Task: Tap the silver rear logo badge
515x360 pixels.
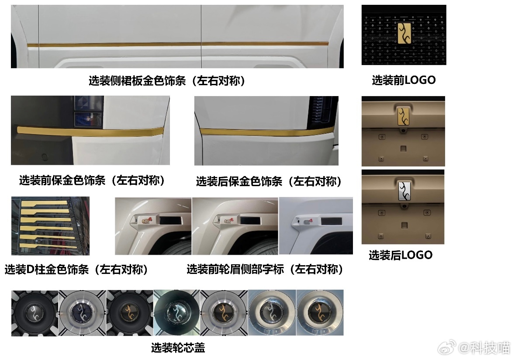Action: (404, 191)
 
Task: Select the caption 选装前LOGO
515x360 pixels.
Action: (404, 80)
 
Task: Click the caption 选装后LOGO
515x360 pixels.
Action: (401, 255)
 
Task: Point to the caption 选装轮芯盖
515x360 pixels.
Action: (178, 347)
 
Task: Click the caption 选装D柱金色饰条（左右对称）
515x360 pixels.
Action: (76, 269)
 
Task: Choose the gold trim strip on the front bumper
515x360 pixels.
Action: (90, 131)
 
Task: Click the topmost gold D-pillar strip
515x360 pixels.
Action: (46, 203)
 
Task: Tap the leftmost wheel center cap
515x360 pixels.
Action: (34, 313)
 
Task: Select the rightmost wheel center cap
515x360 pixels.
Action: (320, 312)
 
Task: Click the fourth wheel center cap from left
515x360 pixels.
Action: (177, 313)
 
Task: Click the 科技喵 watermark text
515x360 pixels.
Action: (489, 348)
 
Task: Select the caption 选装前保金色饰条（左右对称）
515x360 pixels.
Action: (92, 180)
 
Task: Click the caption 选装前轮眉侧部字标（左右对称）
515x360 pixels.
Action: (265, 269)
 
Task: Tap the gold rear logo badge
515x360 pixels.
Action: (403, 116)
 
